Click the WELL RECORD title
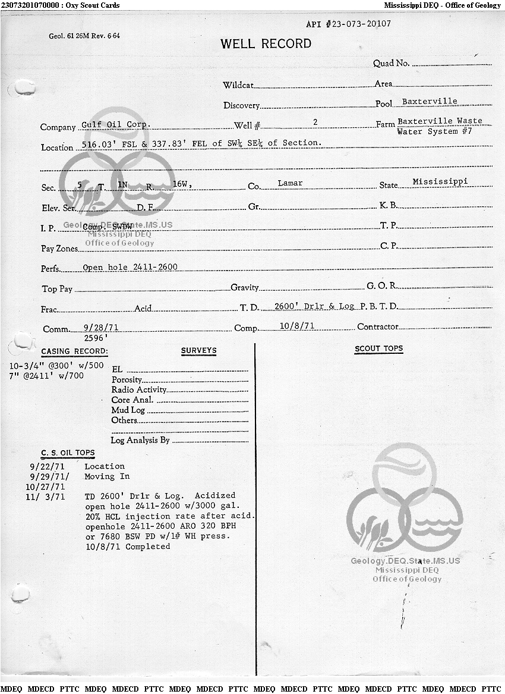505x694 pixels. pos(266,43)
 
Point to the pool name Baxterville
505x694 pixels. pos(430,102)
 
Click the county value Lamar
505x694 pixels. pos(290,183)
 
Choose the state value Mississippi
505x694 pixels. pos(440,181)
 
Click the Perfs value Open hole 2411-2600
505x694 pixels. pos(130,268)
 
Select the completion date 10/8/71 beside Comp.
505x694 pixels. pos(296,326)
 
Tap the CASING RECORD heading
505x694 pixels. pos(74,351)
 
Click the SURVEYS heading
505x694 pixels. pos(198,351)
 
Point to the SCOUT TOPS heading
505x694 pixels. pos(378,348)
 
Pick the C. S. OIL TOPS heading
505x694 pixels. pos(68,453)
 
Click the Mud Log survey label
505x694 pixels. pos(128,410)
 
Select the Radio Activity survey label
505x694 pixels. pos(139,390)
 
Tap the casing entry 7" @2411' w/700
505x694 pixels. pos(47,376)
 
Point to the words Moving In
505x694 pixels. pos(107,477)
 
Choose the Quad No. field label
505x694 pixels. pos(391,64)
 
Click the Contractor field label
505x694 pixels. pos(377,327)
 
